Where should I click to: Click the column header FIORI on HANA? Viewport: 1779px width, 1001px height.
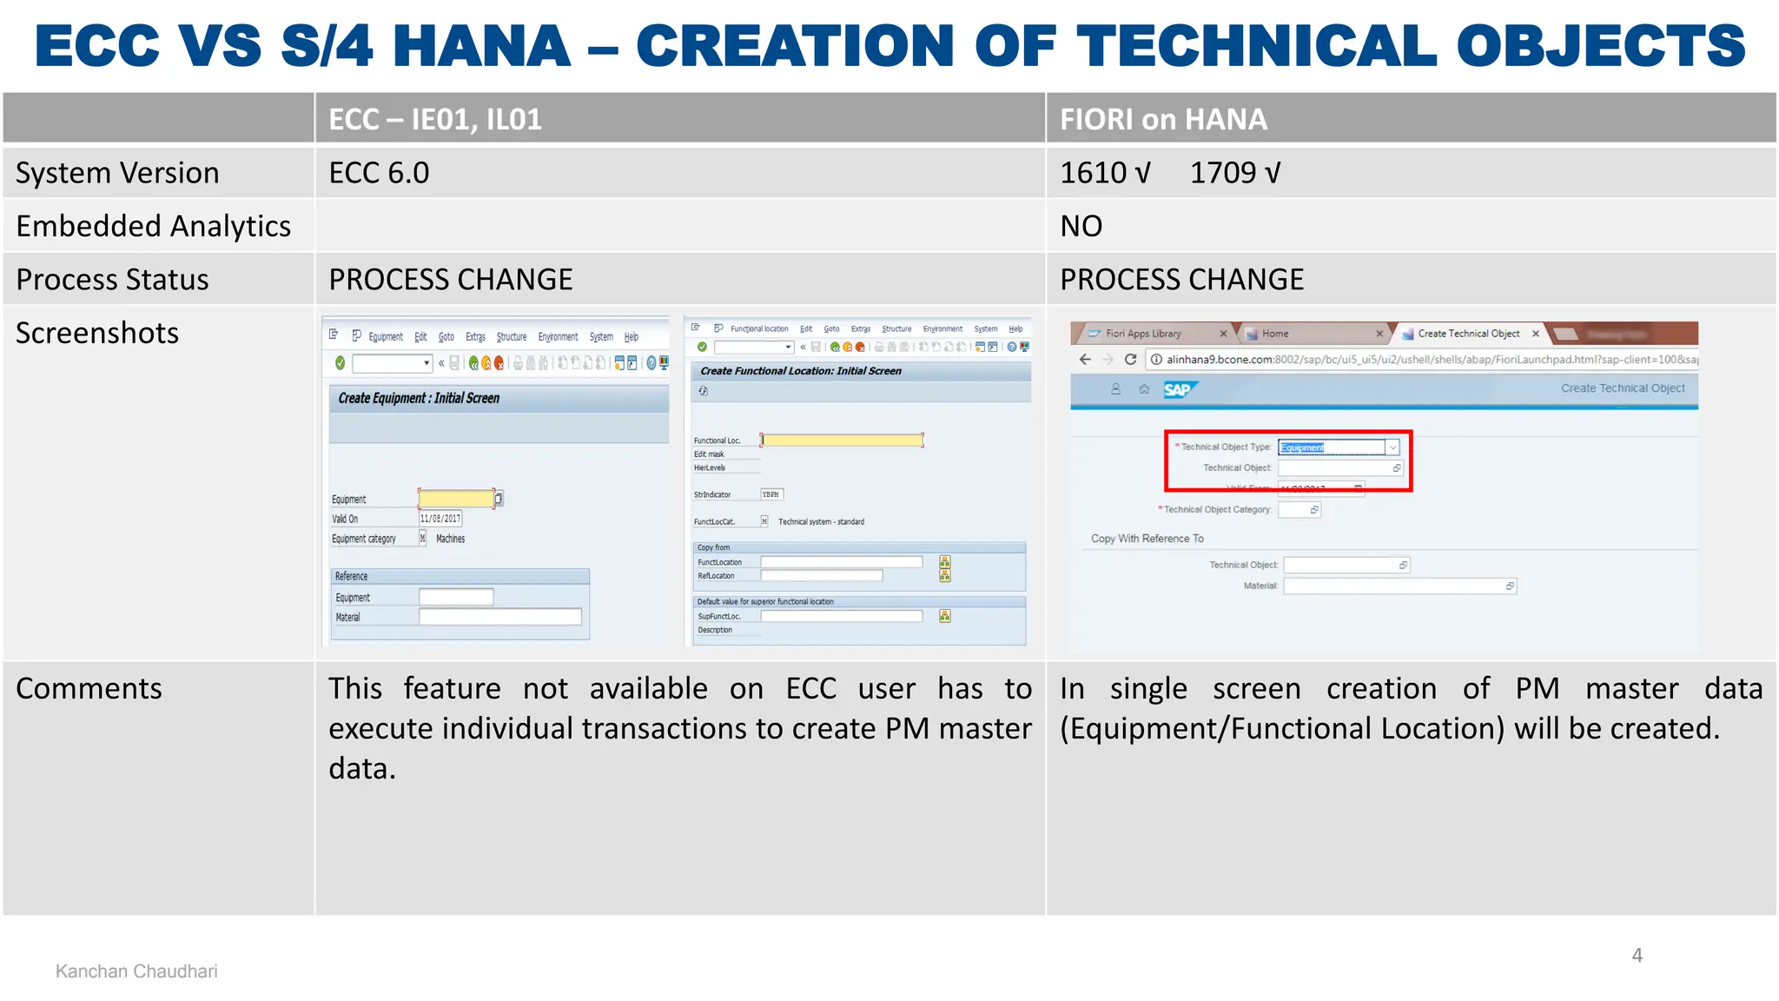[x=1163, y=119]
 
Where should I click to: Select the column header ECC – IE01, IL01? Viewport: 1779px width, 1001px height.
[x=435, y=119]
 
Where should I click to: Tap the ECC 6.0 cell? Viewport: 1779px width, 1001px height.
[x=380, y=173]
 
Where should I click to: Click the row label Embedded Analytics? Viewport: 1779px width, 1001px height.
[x=154, y=226]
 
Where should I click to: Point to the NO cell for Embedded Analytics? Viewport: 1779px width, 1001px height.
[x=1081, y=226]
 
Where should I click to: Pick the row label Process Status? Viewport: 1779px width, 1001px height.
[x=113, y=280]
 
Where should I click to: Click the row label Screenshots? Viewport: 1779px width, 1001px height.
[x=97, y=333]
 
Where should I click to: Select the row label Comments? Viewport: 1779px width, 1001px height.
[x=89, y=688]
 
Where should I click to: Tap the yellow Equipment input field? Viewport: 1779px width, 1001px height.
[x=456, y=499]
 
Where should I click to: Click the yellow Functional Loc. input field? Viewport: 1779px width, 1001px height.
[x=842, y=441]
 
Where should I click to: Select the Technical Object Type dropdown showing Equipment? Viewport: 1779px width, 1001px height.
[x=1338, y=447]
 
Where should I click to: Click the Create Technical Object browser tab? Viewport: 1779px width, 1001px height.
[x=1468, y=334]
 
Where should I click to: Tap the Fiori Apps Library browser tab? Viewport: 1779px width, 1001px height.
[x=1143, y=334]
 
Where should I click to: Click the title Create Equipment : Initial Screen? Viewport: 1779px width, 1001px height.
[x=419, y=398]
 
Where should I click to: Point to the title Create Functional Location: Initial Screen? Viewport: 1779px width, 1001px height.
[x=801, y=371]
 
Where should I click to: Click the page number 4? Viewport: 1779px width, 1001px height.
[x=1637, y=956]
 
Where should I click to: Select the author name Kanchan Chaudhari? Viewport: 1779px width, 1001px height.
[x=136, y=971]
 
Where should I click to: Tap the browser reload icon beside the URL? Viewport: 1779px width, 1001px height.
[x=1130, y=360]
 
